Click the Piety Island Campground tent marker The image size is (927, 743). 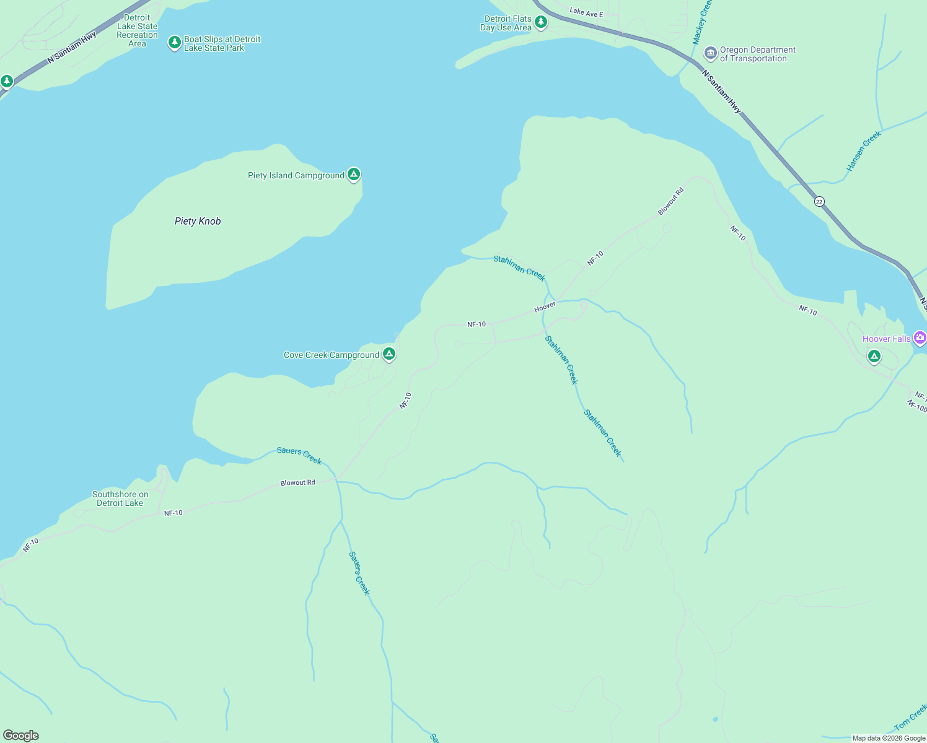click(x=353, y=175)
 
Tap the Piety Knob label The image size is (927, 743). click(x=198, y=221)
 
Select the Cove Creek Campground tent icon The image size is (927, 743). click(x=389, y=354)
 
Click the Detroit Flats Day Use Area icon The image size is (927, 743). click(x=541, y=23)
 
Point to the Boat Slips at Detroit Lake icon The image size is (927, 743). click(x=175, y=43)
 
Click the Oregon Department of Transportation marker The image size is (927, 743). click(x=711, y=53)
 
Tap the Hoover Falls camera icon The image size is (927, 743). click(x=920, y=338)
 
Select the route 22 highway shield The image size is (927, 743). click(x=819, y=202)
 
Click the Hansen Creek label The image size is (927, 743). click(x=863, y=152)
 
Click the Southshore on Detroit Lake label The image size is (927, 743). click(x=120, y=498)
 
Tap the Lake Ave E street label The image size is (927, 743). click(x=586, y=12)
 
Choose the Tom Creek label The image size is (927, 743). click(x=910, y=717)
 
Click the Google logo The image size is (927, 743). click(x=21, y=736)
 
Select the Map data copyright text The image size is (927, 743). click(x=889, y=738)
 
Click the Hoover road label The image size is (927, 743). click(x=545, y=307)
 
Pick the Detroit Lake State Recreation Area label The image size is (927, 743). click(x=137, y=31)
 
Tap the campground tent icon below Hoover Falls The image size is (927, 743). click(x=874, y=357)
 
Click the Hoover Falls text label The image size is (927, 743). click(x=886, y=339)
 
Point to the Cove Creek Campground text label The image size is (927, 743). click(x=331, y=355)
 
